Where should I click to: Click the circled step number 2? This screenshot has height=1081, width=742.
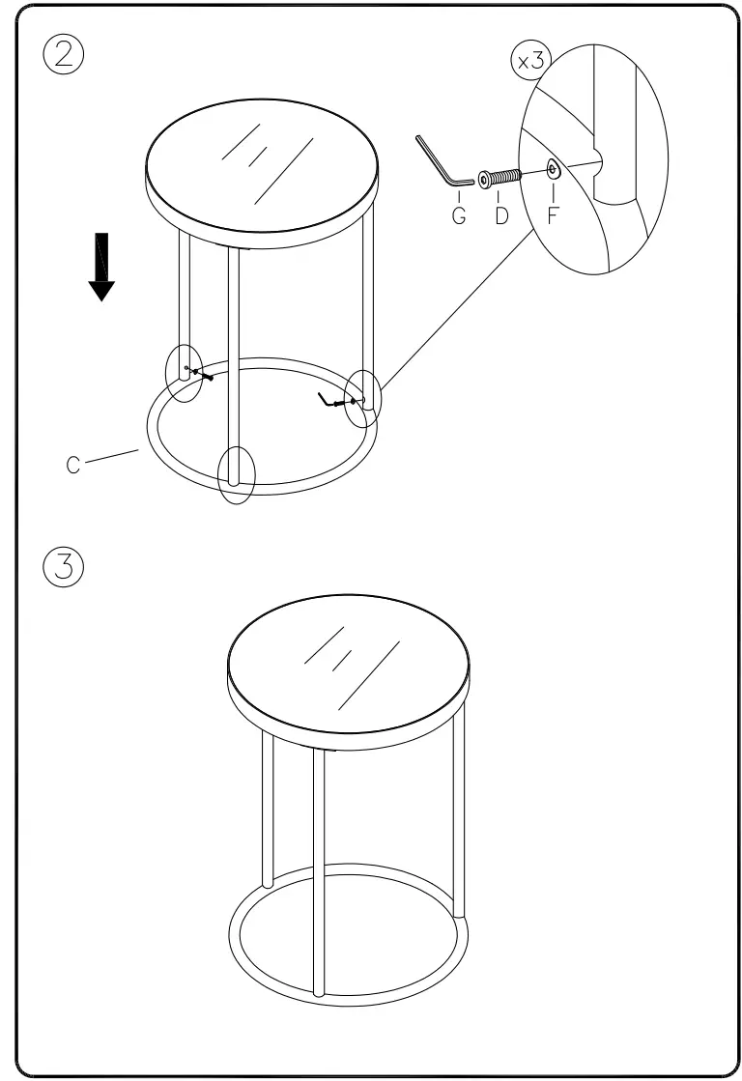click(x=64, y=54)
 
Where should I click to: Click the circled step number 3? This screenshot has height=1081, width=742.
click(x=64, y=566)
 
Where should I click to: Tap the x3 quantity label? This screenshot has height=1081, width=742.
click(x=529, y=63)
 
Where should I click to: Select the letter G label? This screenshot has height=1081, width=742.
click(x=459, y=215)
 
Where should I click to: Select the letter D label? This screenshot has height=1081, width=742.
click(x=501, y=215)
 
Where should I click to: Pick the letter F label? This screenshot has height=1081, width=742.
click(x=553, y=215)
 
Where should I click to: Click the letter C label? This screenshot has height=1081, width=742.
click(x=73, y=465)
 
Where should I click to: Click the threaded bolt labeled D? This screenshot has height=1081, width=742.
click(x=500, y=178)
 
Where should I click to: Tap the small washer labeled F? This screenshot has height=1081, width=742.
click(x=552, y=170)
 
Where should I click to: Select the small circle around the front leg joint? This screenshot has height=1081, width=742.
click(x=235, y=474)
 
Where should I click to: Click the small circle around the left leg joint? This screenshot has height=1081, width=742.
click(x=184, y=372)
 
